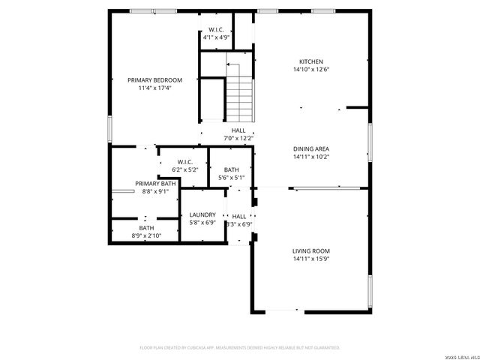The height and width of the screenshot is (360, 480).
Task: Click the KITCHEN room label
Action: click(311, 61)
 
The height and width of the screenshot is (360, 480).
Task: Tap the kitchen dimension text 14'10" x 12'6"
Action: click(311, 70)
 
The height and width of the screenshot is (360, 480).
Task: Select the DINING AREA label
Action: click(311, 148)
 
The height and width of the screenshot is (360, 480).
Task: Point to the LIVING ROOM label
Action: click(311, 250)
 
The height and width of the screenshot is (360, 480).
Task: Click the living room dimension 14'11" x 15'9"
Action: click(311, 259)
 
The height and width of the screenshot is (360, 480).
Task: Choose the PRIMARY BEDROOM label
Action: click(154, 80)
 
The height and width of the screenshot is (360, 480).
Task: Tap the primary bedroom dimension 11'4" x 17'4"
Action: click(154, 88)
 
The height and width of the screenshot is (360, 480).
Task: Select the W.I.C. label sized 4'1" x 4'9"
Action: click(216, 29)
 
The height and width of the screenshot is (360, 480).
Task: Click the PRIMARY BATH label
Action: click(156, 183)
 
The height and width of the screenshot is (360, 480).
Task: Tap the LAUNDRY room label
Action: click(202, 214)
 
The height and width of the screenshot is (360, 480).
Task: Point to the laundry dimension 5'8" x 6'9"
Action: click(202, 223)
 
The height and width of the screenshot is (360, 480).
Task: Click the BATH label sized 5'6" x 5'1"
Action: click(231, 169)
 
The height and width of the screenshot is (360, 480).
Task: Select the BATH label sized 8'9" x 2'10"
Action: click(146, 228)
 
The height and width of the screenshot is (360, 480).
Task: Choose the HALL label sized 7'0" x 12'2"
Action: click(238, 130)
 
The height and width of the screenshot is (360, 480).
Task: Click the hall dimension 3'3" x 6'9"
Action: click(239, 223)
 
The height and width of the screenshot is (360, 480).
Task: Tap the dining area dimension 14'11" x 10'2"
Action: click(311, 157)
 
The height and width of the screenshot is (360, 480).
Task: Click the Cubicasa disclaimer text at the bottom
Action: click(240, 347)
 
